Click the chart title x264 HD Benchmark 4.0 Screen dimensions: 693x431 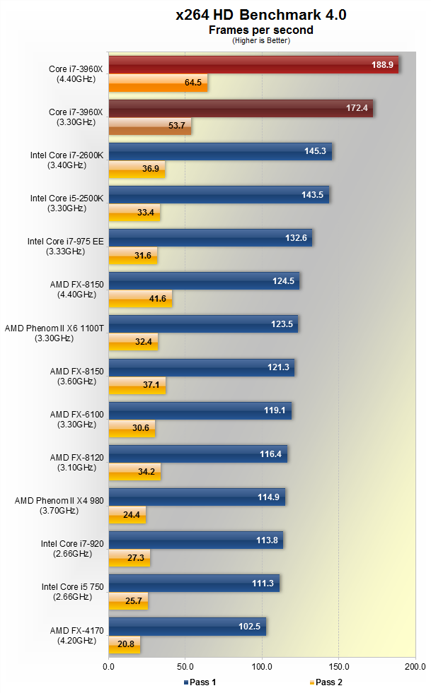click(x=261, y=15)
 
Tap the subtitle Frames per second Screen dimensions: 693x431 click(x=260, y=30)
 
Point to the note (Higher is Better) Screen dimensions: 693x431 click(x=260, y=40)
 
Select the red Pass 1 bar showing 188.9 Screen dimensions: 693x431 click(x=253, y=65)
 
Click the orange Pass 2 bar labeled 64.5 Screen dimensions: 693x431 click(x=158, y=83)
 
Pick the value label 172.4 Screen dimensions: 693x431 click(x=356, y=108)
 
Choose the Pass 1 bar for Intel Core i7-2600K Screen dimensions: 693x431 click(x=220, y=151)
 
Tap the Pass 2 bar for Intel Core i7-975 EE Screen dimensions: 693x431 click(x=133, y=255)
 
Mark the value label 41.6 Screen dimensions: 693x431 click(x=159, y=299)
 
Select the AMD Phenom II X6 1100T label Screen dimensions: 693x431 click(x=54, y=333)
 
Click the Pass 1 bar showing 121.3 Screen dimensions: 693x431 click(x=201, y=367)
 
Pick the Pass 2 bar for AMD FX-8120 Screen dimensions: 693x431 click(x=134, y=471)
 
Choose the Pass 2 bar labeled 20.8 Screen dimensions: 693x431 click(x=125, y=644)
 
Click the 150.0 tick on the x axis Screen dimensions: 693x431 click(x=339, y=665)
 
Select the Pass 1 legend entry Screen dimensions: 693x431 click(x=202, y=682)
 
